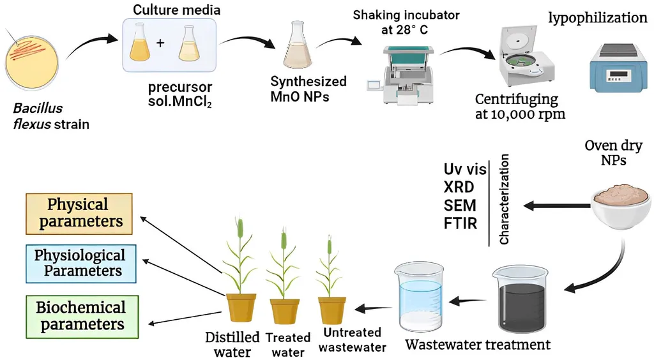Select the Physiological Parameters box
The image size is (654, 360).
[x=79, y=263]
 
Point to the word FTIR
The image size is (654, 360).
[x=460, y=224]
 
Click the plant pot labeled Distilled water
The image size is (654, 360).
[x=241, y=307]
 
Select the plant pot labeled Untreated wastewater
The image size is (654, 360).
[x=333, y=309]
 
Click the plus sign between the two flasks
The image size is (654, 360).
[x=160, y=44]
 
